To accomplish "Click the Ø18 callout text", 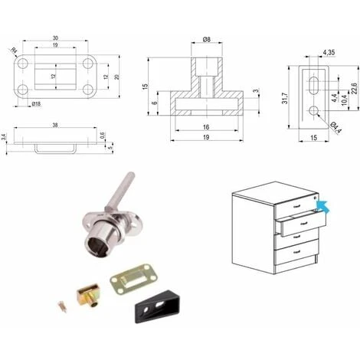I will point(36,103).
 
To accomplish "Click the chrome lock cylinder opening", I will point(95,246).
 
